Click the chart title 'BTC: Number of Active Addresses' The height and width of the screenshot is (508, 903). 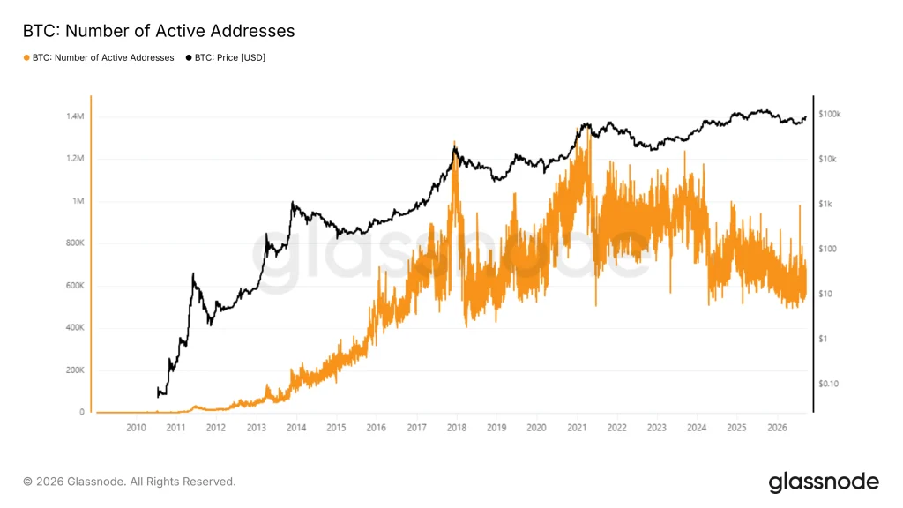pos(159,31)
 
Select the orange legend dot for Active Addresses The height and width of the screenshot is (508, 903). pos(26,57)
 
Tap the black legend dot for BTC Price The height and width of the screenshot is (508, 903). pos(189,57)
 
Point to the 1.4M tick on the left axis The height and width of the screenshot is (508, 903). pos(75,116)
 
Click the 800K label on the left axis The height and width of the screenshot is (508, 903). pos(75,243)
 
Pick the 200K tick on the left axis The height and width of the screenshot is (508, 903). pos(75,370)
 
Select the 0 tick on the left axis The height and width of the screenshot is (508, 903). pos(82,413)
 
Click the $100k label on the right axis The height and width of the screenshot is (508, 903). pos(829,114)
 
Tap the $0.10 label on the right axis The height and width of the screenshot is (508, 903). pos(828,384)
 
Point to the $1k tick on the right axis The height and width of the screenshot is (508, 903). pos(825,204)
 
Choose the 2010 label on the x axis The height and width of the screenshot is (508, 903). pos(136,428)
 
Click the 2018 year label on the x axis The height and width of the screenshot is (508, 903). pos(457,428)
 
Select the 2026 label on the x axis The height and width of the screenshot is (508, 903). pos(778,428)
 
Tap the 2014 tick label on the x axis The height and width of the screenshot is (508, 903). pos(296,428)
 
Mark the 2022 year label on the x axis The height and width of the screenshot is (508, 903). pos(616,428)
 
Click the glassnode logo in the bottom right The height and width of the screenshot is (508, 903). pos(824,482)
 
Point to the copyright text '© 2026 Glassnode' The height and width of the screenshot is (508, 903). pos(73,482)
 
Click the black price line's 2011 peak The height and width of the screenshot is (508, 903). pos(193,273)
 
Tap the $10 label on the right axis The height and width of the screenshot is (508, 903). pos(825,294)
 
